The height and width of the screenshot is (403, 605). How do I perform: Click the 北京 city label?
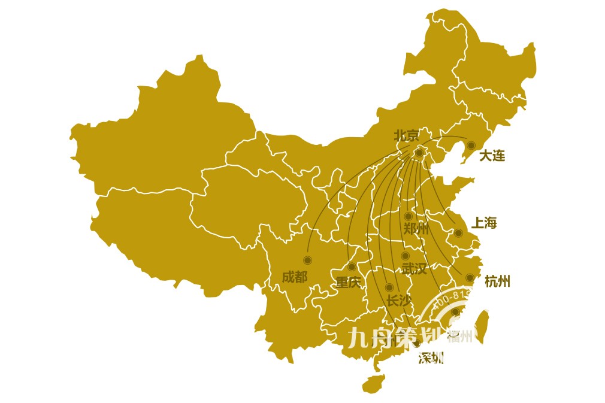[407, 136]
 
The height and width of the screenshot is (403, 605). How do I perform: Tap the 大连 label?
[492, 156]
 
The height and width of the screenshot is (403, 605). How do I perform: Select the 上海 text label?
[484, 223]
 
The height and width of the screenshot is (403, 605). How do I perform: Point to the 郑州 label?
[416, 229]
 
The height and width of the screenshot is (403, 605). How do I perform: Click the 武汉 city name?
[415, 269]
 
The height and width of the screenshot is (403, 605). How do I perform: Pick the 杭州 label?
[497, 281]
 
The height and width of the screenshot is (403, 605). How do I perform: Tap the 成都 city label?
[294, 277]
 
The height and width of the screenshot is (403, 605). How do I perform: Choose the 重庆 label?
[348, 282]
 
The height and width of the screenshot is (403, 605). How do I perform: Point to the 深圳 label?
[431, 359]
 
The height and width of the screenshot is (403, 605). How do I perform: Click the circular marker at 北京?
[419, 153]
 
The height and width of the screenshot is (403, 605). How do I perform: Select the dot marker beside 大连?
[471, 145]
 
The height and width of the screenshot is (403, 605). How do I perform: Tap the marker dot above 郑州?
[408, 216]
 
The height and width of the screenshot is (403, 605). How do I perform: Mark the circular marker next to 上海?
[458, 233]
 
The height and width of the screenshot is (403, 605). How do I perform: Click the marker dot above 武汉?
[405, 256]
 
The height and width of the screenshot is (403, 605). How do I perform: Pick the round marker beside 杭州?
[470, 278]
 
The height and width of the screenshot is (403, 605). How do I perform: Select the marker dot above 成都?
[307, 260]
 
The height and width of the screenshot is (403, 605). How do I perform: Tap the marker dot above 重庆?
[352, 266]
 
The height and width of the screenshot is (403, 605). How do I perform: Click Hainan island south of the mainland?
[373, 383]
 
